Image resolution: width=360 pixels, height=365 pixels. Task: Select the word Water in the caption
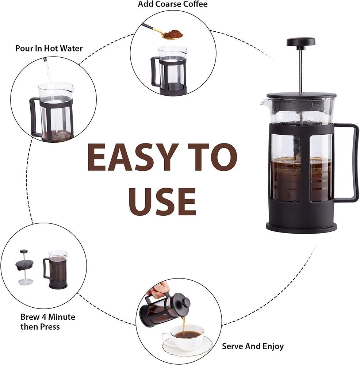click(72, 49)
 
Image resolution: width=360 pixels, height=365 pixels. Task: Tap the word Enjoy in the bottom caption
click(273, 347)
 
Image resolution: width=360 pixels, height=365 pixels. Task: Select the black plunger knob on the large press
click(301, 42)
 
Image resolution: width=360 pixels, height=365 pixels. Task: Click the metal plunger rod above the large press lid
click(301, 70)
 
